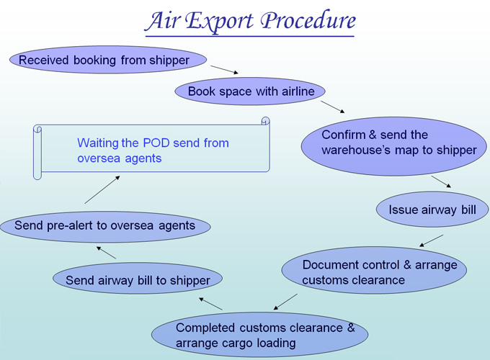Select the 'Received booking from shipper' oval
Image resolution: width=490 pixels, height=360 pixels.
[x=108, y=60]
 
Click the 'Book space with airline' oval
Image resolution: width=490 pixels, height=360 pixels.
[x=250, y=91]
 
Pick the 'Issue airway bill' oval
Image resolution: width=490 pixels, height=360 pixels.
[x=432, y=210]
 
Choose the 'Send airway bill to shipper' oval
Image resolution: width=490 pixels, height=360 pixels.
[x=138, y=279]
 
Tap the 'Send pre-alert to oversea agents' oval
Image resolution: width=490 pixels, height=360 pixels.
[x=105, y=226]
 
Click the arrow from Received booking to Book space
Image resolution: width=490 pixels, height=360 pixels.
[x=224, y=70]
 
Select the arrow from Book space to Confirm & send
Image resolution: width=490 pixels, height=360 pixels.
[x=332, y=107]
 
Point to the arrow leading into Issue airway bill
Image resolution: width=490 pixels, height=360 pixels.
[x=441, y=181]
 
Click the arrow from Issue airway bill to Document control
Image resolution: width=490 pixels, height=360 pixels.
[x=431, y=240]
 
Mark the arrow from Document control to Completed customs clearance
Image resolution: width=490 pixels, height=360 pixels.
[x=285, y=302]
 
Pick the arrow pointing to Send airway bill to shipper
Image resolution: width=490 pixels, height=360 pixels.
[x=210, y=304]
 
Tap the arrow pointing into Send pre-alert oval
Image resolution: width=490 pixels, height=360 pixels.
[x=106, y=253]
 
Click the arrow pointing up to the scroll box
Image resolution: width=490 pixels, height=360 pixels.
[x=102, y=189]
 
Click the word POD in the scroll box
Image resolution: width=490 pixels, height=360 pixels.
[x=156, y=143]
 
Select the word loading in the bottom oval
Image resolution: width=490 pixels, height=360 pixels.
[x=276, y=343]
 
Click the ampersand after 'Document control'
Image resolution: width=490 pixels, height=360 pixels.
[x=407, y=265]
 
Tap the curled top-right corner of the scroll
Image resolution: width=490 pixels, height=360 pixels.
[x=265, y=121]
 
